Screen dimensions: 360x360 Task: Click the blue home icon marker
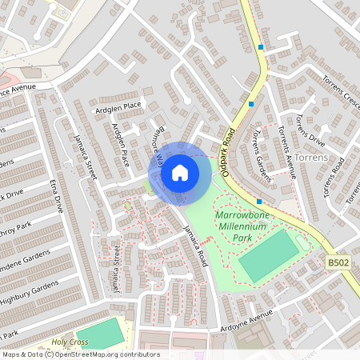coord(180,172)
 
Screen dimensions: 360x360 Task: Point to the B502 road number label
coord(338,261)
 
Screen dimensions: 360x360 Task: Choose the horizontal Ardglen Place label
coord(117,106)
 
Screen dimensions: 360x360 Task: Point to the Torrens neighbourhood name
coord(310,158)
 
